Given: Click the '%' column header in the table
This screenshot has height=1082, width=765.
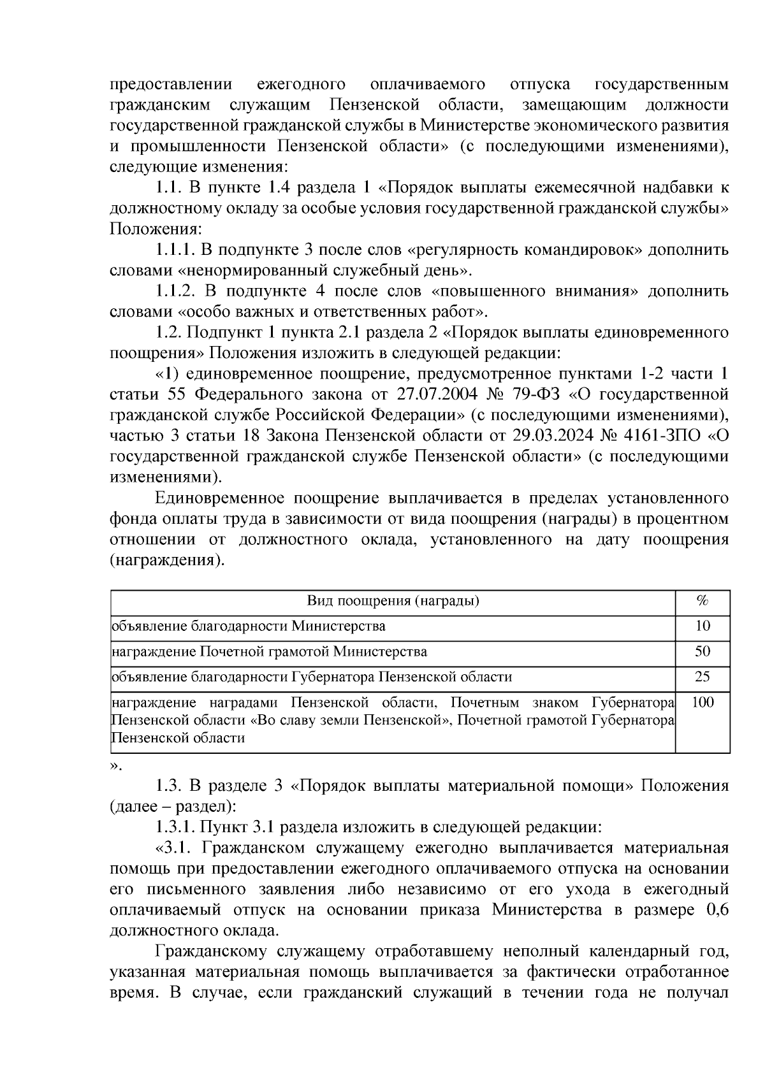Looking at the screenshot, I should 703,601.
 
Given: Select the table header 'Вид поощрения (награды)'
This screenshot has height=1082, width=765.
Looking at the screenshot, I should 393,601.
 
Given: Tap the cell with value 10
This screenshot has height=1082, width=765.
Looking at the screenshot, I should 703,626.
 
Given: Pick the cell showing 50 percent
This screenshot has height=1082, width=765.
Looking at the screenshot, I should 703,651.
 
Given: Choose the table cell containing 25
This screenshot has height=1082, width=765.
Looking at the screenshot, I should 703,677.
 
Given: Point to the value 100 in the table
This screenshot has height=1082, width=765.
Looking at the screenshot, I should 703,702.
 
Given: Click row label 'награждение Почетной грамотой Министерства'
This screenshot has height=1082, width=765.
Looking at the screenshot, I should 269,651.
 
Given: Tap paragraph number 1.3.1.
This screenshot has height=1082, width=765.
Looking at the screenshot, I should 176,827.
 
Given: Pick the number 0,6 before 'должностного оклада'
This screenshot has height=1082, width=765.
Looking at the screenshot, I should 717,909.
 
